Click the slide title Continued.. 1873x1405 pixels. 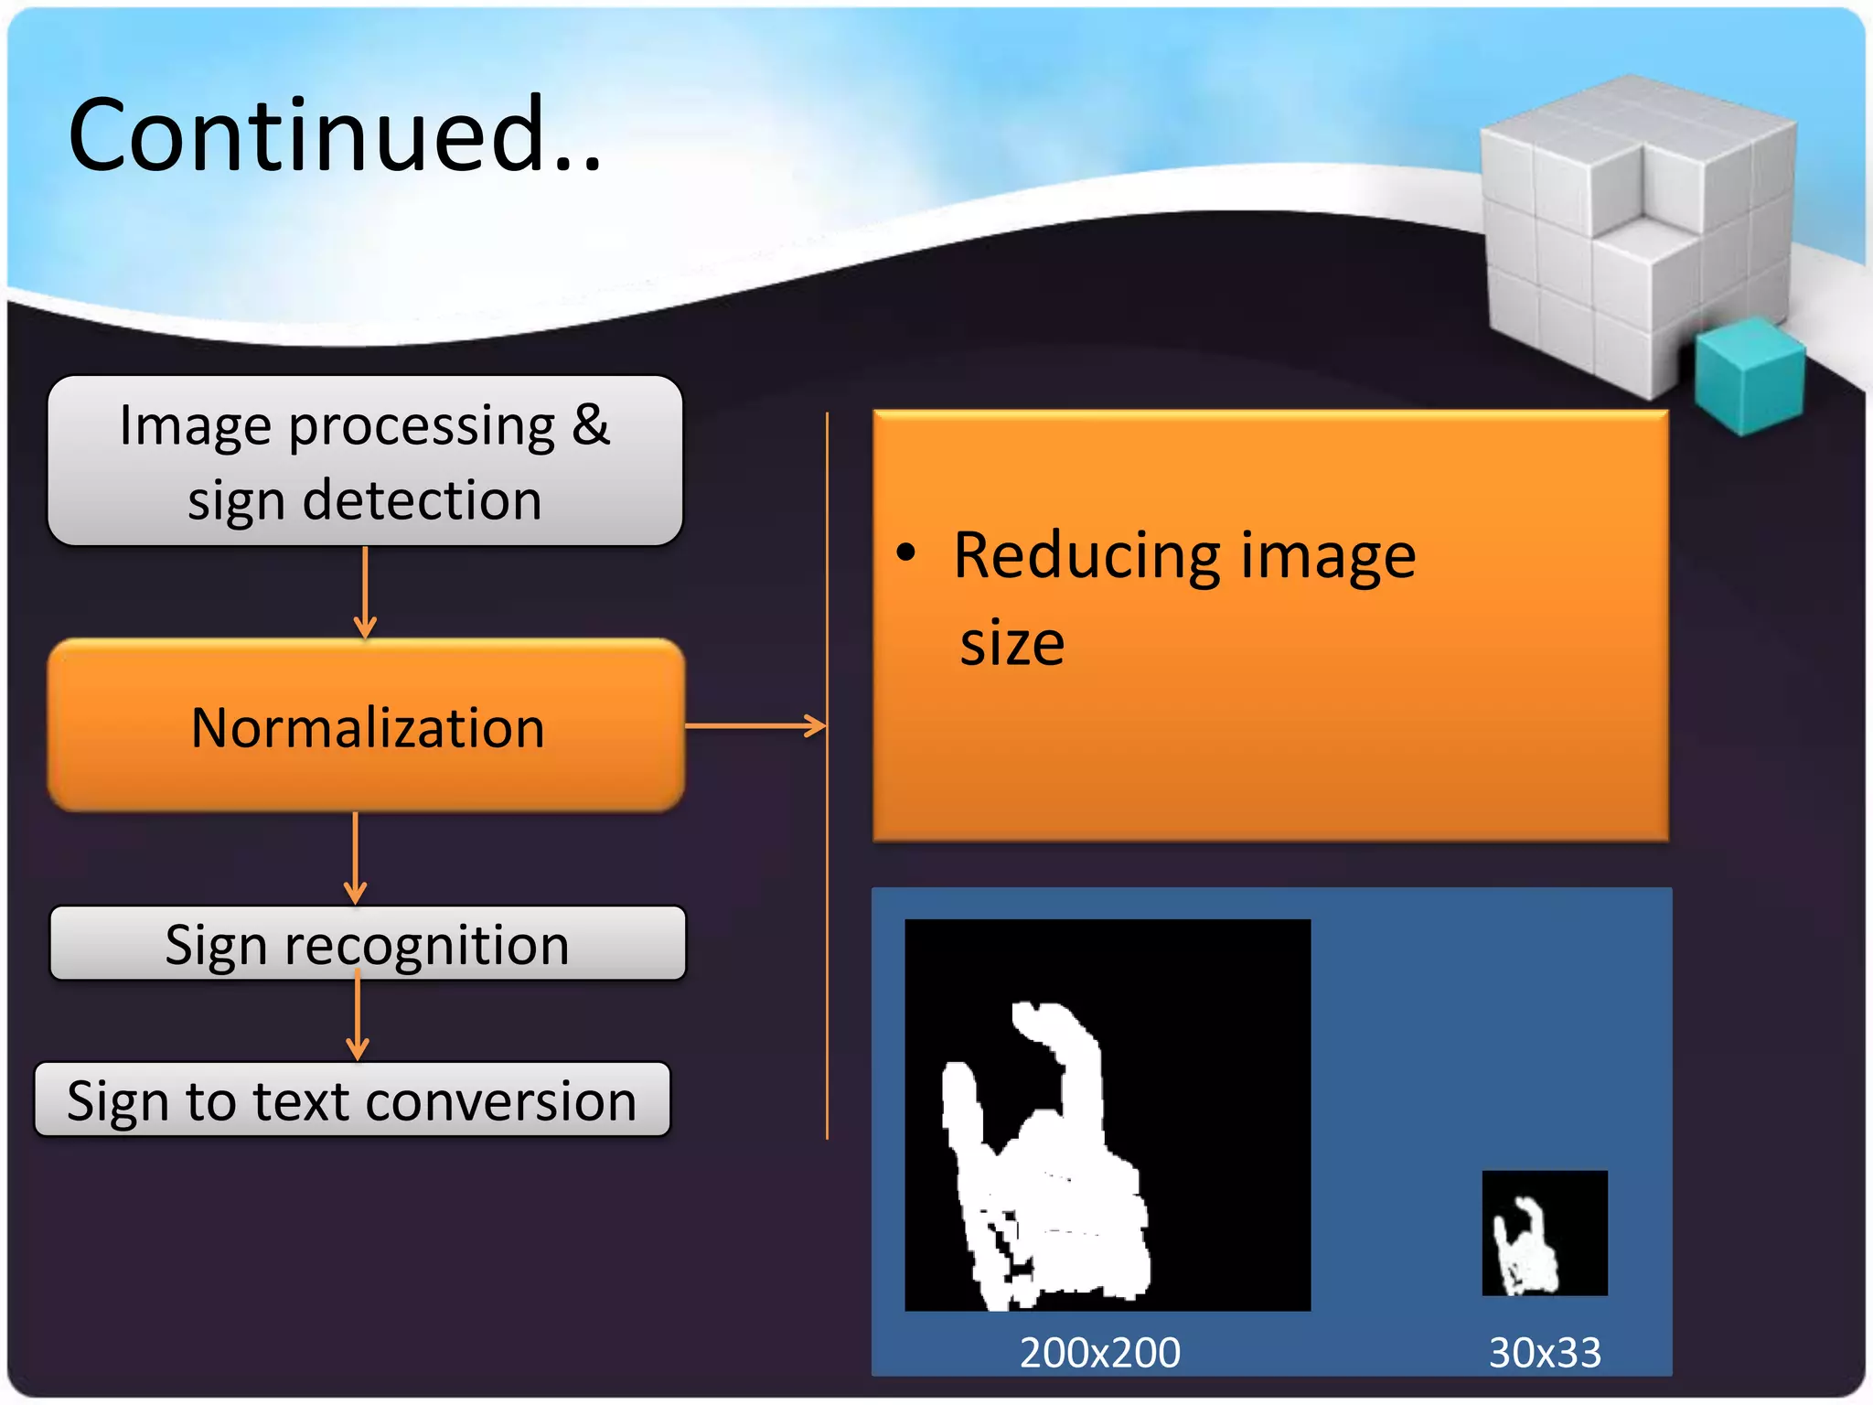click(x=334, y=135)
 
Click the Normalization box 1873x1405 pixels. click(x=366, y=727)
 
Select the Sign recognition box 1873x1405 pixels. click(x=367, y=944)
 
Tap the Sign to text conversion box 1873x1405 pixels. click(x=352, y=1100)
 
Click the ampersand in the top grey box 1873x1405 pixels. click(x=591, y=425)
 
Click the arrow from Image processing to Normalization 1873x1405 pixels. click(x=365, y=593)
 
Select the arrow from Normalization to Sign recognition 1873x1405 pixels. click(x=356, y=858)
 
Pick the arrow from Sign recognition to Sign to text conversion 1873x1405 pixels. click(x=358, y=1017)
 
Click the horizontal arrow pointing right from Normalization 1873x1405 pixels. click(x=755, y=726)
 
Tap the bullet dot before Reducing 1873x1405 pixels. click(x=905, y=552)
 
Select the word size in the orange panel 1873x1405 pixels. click(x=1011, y=643)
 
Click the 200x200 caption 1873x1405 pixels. click(x=1100, y=1352)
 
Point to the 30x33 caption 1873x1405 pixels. click(x=1545, y=1352)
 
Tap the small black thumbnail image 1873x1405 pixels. click(x=1545, y=1233)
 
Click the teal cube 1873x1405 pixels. click(x=1749, y=375)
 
